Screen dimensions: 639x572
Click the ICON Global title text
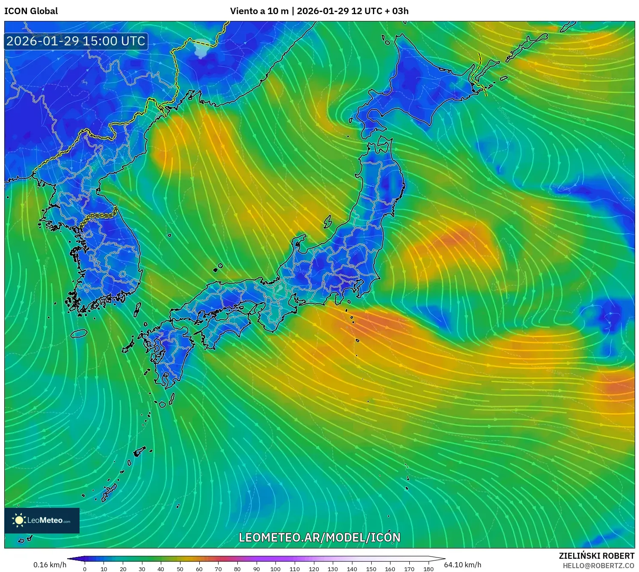(31, 11)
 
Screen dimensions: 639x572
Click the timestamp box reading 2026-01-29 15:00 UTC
(76, 41)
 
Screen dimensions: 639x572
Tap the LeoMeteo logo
(42, 520)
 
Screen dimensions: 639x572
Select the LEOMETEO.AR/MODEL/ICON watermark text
(319, 537)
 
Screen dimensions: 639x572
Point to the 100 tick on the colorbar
(275, 569)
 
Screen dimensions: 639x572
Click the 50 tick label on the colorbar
(180, 569)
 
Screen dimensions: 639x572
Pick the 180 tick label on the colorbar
(428, 569)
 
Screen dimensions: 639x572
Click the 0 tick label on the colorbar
(85, 569)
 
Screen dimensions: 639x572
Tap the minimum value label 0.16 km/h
(50, 565)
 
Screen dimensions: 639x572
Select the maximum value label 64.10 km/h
(462, 565)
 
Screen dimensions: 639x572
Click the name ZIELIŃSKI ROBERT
(597, 556)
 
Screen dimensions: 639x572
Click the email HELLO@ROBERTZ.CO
(598, 566)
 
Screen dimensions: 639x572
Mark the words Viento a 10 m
(259, 11)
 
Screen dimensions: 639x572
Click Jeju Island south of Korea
(79, 333)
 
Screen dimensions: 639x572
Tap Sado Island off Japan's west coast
(328, 222)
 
